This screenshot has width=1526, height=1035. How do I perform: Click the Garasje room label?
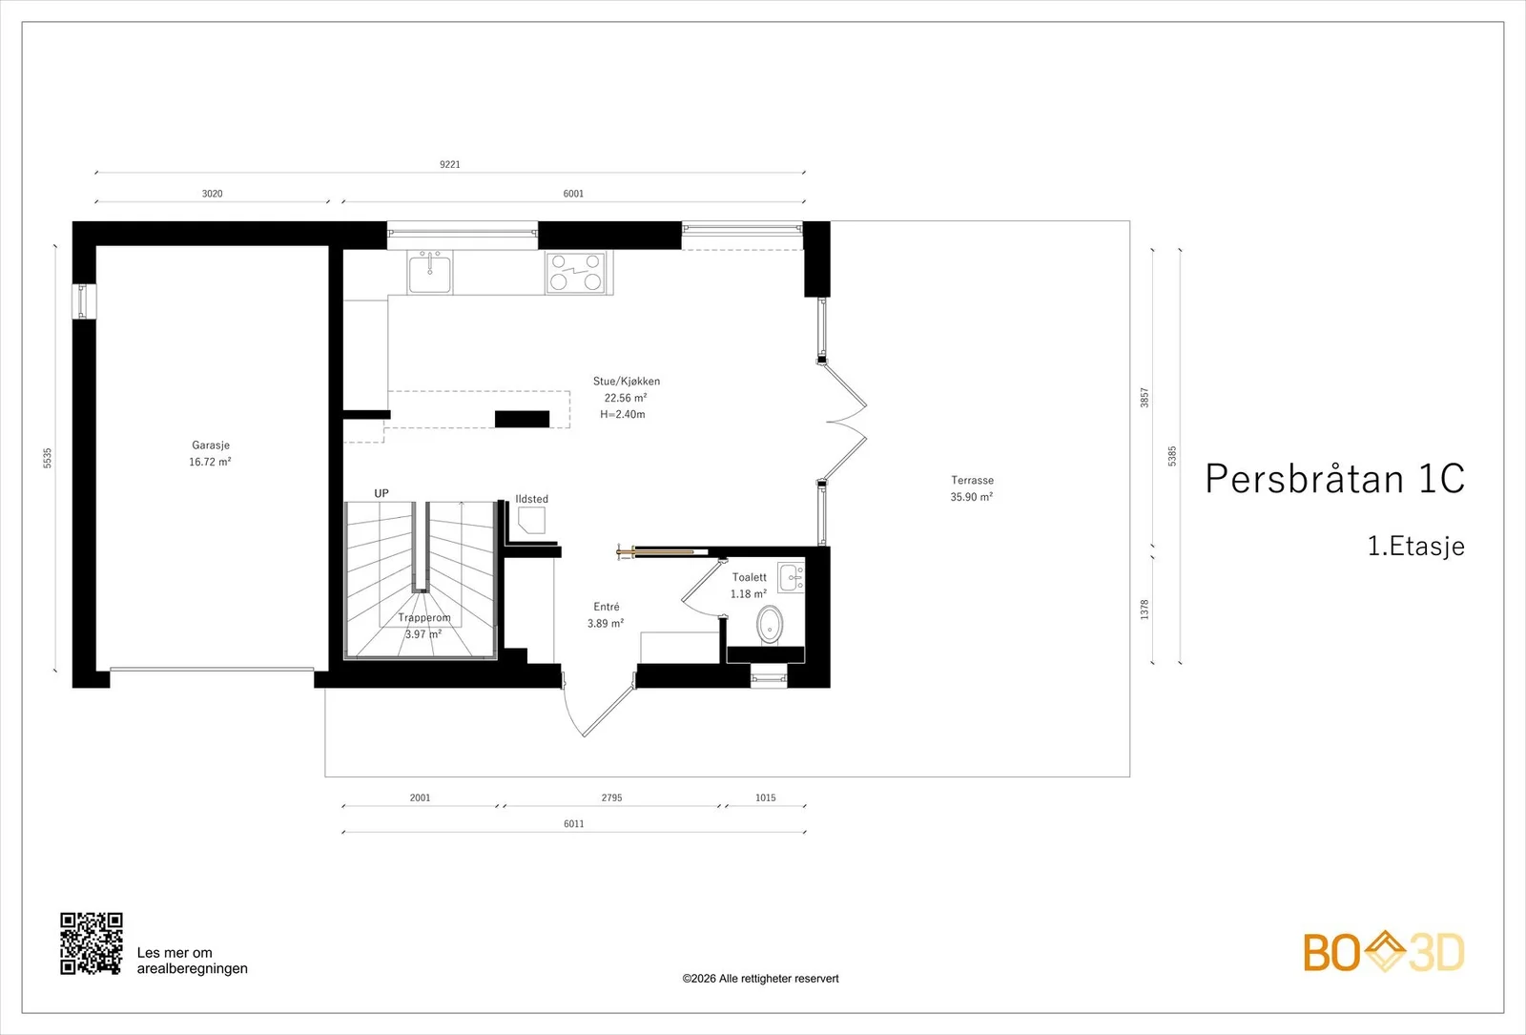pyautogui.click(x=211, y=445)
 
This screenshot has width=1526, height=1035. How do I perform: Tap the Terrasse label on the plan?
pyautogui.click(x=972, y=481)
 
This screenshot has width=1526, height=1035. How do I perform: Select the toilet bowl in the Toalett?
pyautogui.click(x=770, y=624)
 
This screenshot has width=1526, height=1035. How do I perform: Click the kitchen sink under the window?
pyautogui.click(x=429, y=271)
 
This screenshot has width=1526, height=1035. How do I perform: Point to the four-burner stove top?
pyautogui.click(x=576, y=273)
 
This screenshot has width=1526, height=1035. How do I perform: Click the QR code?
pyautogui.click(x=92, y=943)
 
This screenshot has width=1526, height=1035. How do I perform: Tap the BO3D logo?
pyautogui.click(x=1384, y=953)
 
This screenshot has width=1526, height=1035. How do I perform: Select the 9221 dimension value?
pyautogui.click(x=449, y=164)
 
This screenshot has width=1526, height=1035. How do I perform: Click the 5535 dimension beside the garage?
pyautogui.click(x=47, y=458)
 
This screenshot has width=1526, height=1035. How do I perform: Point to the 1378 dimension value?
pyautogui.click(x=1144, y=610)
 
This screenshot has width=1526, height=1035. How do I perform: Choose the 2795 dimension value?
pyautogui.click(x=611, y=797)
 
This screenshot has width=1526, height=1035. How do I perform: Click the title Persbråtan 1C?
pyautogui.click(x=1334, y=478)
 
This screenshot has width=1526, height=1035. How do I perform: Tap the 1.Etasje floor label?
pyautogui.click(x=1416, y=546)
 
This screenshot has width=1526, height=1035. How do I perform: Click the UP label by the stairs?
pyautogui.click(x=381, y=493)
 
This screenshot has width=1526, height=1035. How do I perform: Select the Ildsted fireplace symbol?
pyautogui.click(x=531, y=521)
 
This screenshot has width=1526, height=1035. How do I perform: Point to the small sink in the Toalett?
pyautogui.click(x=791, y=578)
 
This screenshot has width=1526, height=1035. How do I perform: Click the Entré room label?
pyautogui.click(x=607, y=607)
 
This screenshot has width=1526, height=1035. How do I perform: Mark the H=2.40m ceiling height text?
pyautogui.click(x=623, y=414)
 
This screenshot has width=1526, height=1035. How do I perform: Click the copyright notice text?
pyautogui.click(x=760, y=979)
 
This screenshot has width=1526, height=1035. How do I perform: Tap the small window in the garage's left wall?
pyautogui.click(x=82, y=301)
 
